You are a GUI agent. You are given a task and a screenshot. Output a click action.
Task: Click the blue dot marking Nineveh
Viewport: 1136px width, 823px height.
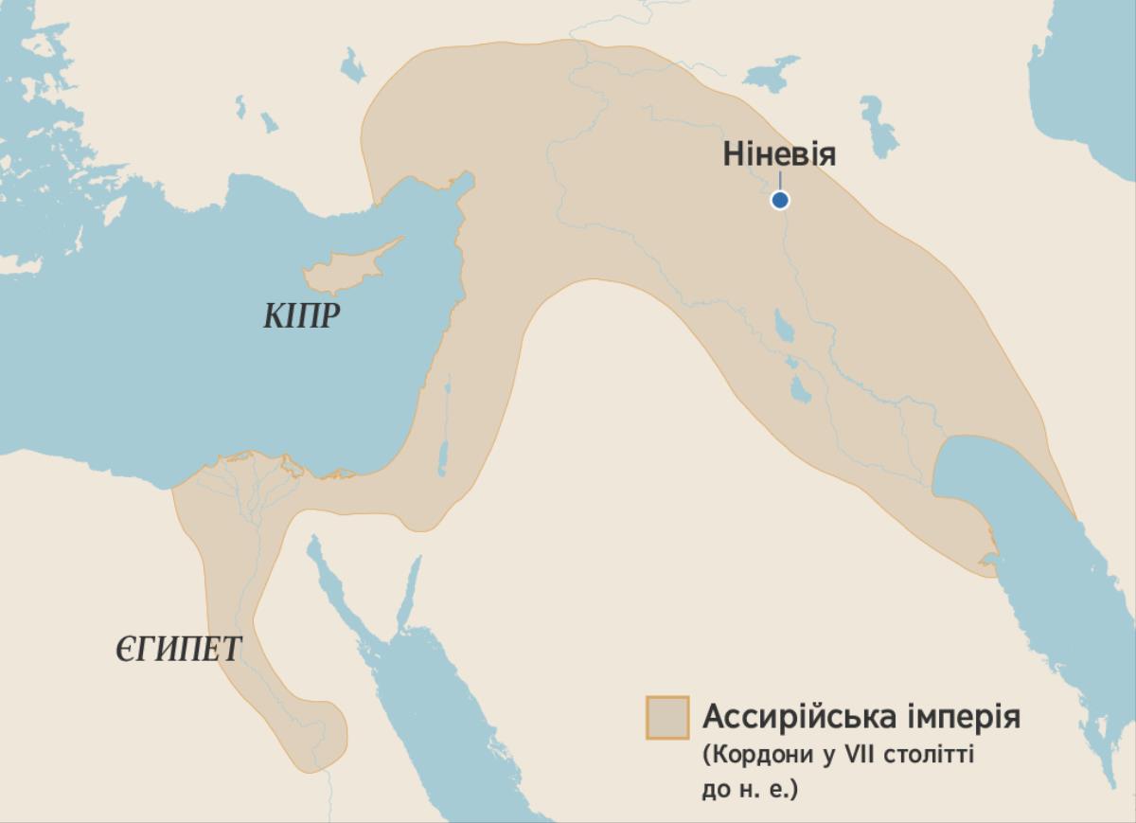(779, 200)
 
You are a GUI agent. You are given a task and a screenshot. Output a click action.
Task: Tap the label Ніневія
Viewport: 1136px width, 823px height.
(779, 153)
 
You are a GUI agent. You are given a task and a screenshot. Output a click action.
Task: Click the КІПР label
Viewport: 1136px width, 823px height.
(300, 316)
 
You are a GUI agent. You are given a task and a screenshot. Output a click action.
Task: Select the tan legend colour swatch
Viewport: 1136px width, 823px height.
(666, 717)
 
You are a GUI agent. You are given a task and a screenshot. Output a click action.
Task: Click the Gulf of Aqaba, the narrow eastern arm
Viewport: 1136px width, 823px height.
(408, 591)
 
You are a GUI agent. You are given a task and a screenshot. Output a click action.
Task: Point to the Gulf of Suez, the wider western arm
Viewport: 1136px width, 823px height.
(333, 587)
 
